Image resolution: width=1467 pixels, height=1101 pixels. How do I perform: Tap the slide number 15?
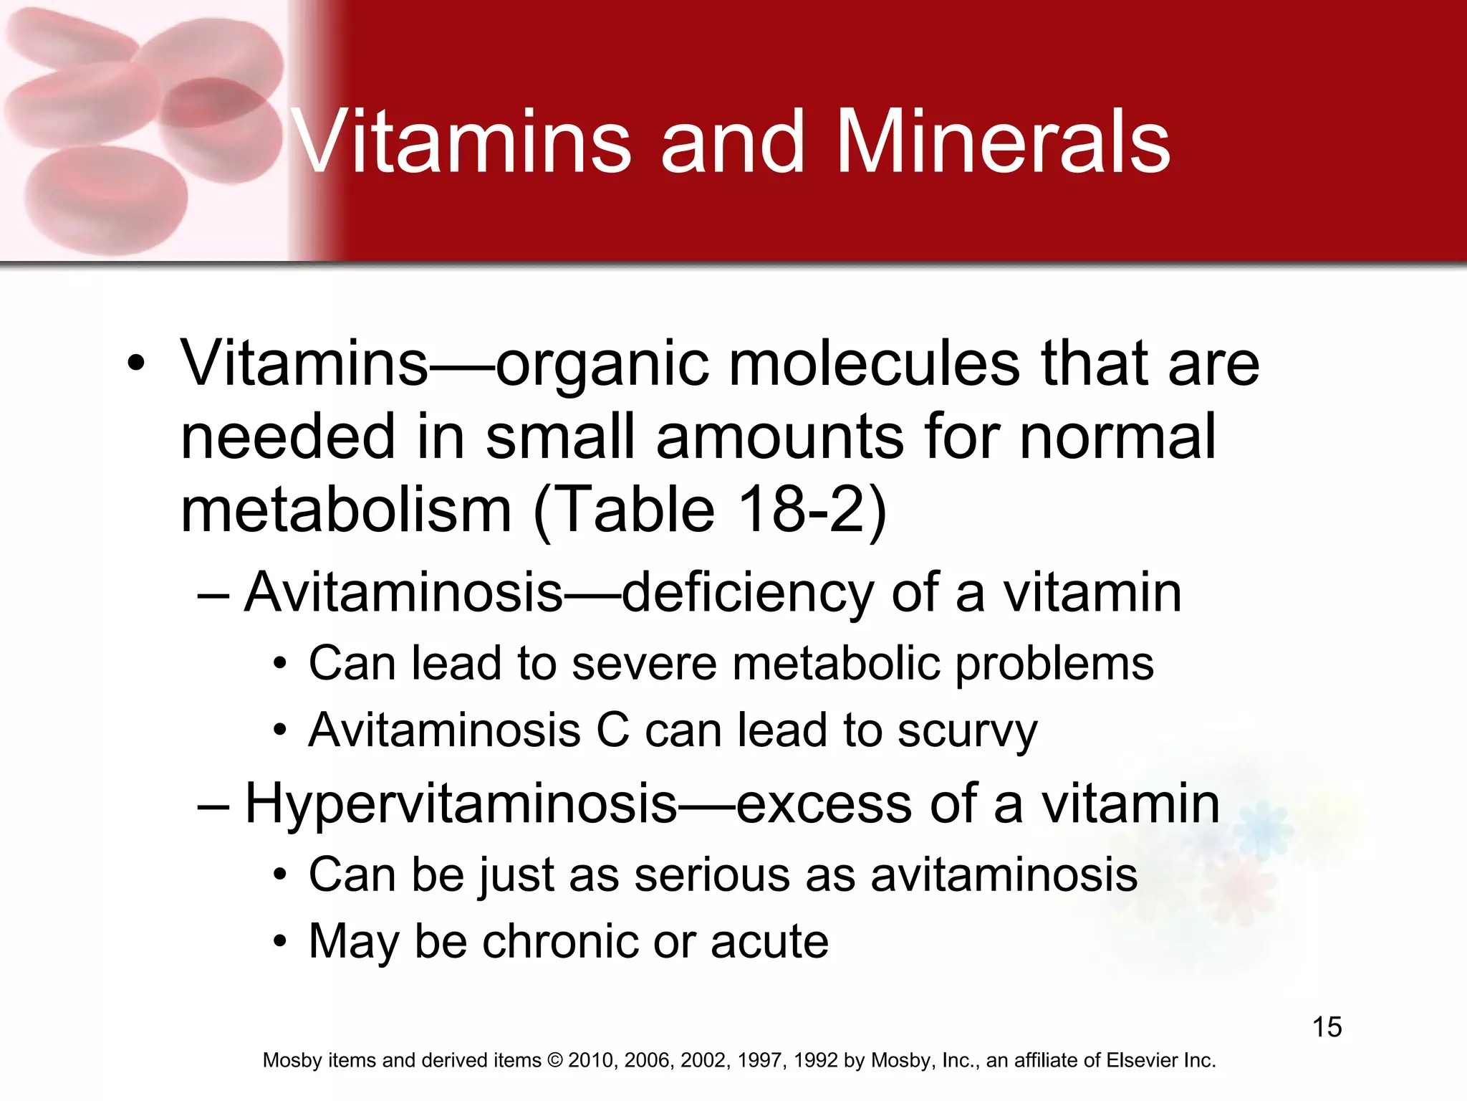click(x=1327, y=1027)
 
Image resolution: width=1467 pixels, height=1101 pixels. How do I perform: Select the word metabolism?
click(x=346, y=510)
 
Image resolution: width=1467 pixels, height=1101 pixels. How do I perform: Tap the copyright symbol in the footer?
click(x=554, y=1061)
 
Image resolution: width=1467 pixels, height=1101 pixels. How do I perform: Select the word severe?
click(x=644, y=664)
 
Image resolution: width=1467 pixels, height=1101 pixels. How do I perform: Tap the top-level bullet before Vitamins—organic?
click(x=135, y=363)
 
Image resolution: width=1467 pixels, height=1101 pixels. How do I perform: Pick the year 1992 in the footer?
click(x=815, y=1061)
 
